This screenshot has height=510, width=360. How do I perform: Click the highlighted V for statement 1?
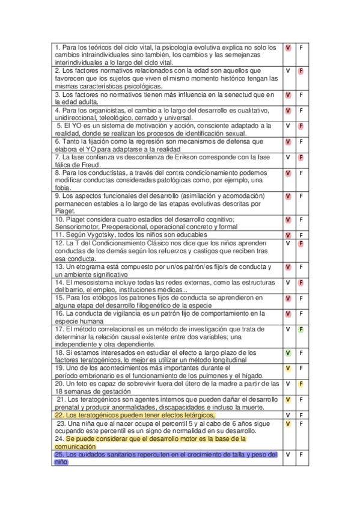point(288,48)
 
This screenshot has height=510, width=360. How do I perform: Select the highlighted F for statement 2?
point(301,71)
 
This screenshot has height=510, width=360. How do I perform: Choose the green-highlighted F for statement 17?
point(301,330)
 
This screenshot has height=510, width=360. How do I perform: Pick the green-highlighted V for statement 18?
point(288,353)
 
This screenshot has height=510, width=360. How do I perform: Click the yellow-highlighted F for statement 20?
point(301,384)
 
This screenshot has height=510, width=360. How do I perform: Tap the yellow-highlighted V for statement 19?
point(288,368)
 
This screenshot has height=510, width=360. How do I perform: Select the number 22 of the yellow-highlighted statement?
point(59,415)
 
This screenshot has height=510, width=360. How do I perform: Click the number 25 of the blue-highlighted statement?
point(58,455)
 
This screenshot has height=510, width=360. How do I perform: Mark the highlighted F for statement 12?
point(301,244)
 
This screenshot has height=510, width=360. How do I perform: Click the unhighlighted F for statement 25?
point(301,455)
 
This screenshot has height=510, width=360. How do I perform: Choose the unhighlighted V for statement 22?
point(288,416)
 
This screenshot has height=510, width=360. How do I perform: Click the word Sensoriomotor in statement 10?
point(75,227)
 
